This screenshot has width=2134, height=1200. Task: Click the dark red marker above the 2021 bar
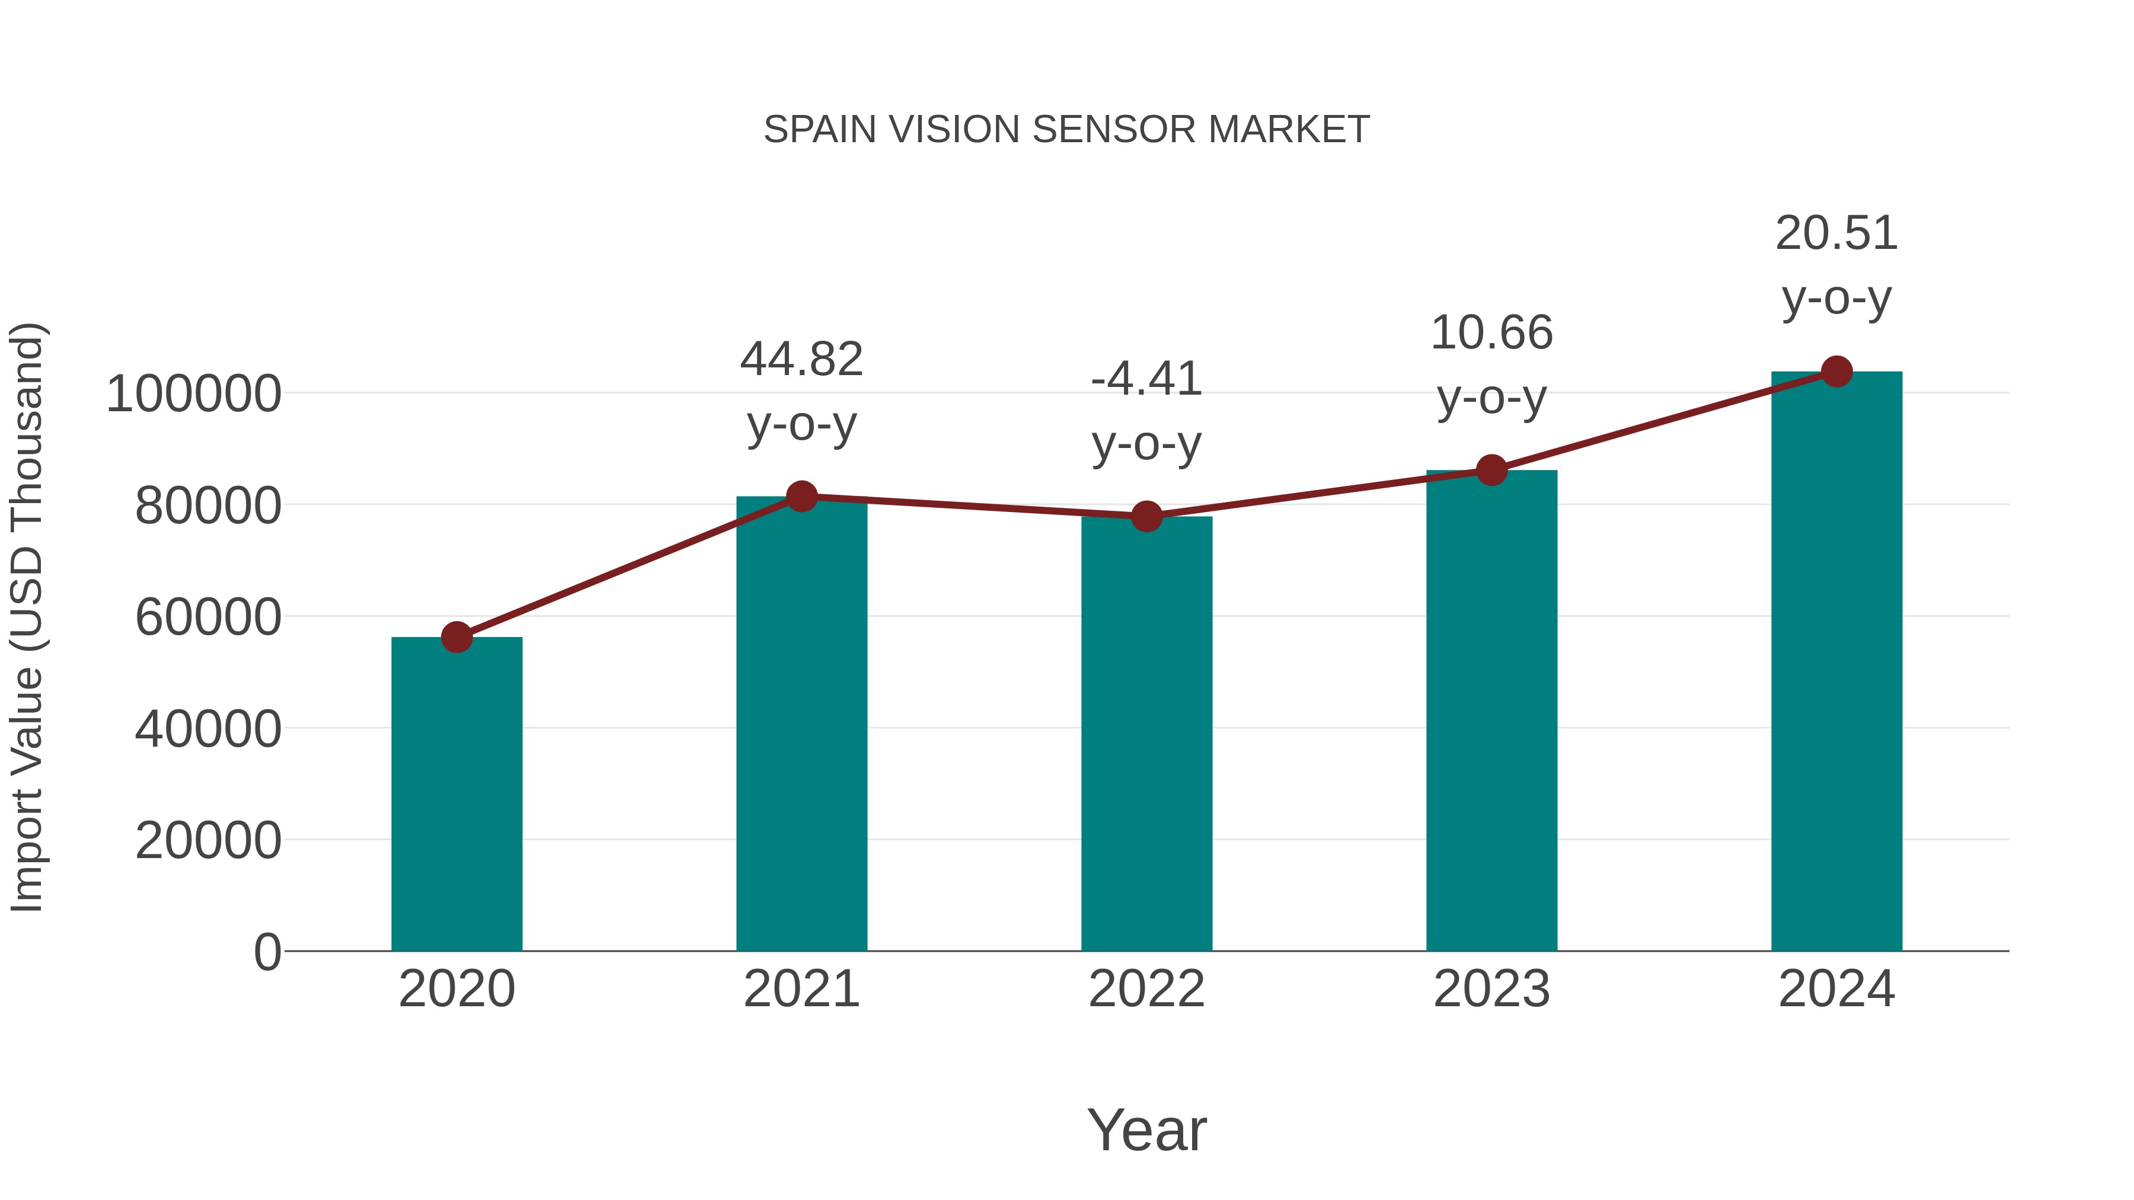[801, 497]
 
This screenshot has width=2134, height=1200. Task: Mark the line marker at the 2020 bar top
[456, 638]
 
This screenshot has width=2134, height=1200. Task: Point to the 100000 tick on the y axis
[194, 394]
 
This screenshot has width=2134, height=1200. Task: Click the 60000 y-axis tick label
[208, 618]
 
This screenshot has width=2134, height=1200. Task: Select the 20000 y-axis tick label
[208, 841]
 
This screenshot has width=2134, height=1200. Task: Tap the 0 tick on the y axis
[267, 952]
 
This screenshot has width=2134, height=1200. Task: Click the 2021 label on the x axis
[801, 990]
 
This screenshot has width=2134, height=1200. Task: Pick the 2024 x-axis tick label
[1836, 990]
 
